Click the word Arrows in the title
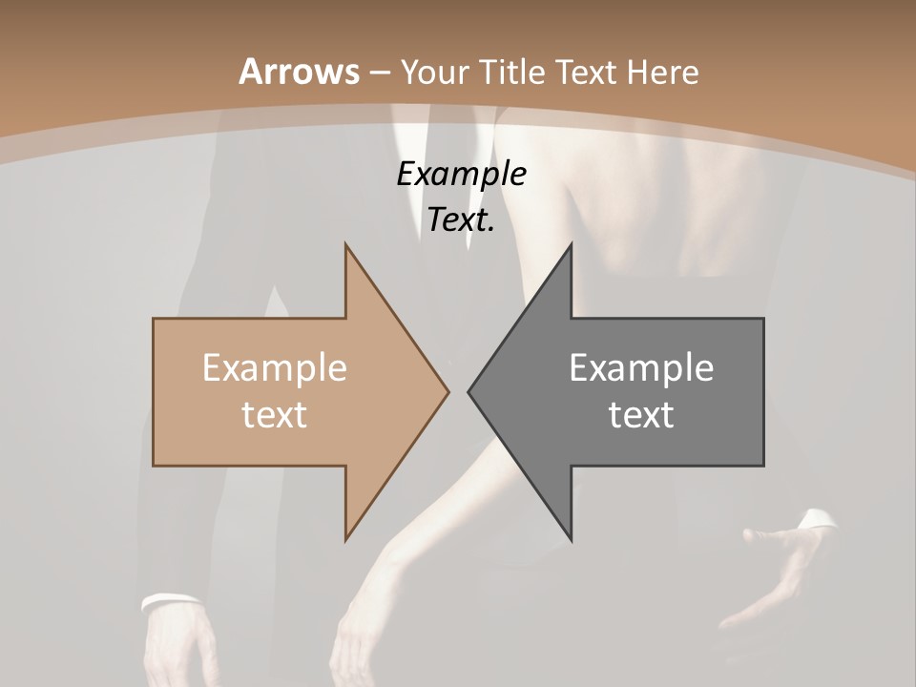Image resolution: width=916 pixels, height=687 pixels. pyautogui.click(x=300, y=72)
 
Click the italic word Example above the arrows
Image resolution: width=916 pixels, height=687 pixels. pyautogui.click(x=461, y=175)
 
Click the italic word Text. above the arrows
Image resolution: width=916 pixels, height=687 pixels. pyautogui.click(x=461, y=220)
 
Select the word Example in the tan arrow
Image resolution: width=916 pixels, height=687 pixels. pyautogui.click(x=275, y=367)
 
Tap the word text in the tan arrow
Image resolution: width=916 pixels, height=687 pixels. pyautogui.click(x=275, y=414)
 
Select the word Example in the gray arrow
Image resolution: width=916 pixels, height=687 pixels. pyautogui.click(x=641, y=367)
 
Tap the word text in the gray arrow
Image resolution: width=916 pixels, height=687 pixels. pyautogui.click(x=641, y=414)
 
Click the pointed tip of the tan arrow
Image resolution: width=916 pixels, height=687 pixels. pyautogui.click(x=447, y=390)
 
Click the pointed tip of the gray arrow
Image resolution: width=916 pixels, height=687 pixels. pyautogui.click(x=469, y=390)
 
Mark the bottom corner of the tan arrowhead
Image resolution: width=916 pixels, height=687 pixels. pyautogui.click(x=346, y=537)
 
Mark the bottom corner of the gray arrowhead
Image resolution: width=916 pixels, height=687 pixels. pyautogui.click(x=571, y=537)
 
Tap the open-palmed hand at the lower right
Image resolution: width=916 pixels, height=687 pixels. pyautogui.click(x=778, y=572)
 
